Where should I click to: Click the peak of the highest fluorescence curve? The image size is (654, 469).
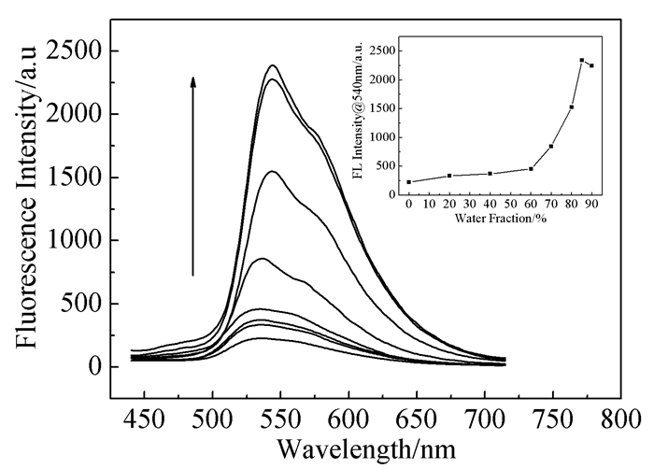click(x=273, y=65)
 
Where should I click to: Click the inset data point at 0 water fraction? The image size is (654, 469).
click(x=409, y=181)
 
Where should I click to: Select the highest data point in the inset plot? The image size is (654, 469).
click(x=582, y=61)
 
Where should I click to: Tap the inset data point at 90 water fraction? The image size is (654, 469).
click(x=591, y=65)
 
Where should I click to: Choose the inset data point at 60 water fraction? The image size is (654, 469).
click(x=531, y=168)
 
